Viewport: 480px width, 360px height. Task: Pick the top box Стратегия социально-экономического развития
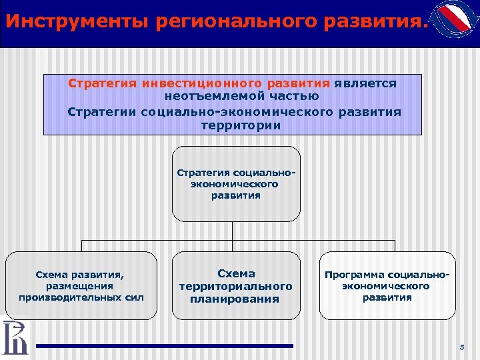click(236, 184)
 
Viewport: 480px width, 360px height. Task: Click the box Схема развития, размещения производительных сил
click(82, 286)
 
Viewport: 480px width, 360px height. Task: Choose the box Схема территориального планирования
click(236, 286)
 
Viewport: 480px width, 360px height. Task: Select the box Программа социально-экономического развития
click(387, 286)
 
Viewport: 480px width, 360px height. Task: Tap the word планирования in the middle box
click(236, 299)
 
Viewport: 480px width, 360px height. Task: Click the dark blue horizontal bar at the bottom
click(164, 345)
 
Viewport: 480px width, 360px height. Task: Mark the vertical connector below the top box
click(233, 231)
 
